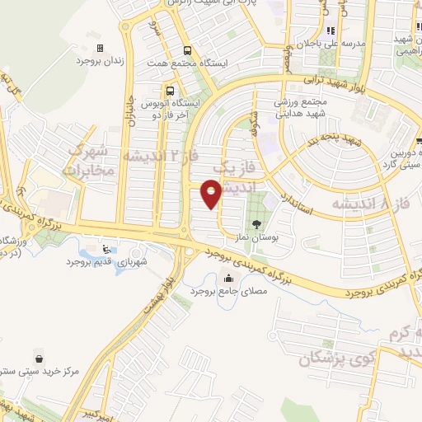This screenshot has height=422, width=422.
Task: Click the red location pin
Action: click(212, 195)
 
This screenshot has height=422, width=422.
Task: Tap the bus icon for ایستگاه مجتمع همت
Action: click(187, 49)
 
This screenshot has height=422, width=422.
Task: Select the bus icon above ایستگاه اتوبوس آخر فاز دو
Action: click(169, 91)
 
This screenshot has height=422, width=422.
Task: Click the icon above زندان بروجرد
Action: click(101, 48)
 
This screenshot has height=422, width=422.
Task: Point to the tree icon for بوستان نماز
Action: click(257, 223)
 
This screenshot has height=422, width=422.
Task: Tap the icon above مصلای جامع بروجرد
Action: click(227, 278)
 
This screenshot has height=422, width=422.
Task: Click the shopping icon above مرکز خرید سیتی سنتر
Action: click(39, 357)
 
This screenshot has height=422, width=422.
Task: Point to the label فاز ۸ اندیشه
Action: click(370, 202)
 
